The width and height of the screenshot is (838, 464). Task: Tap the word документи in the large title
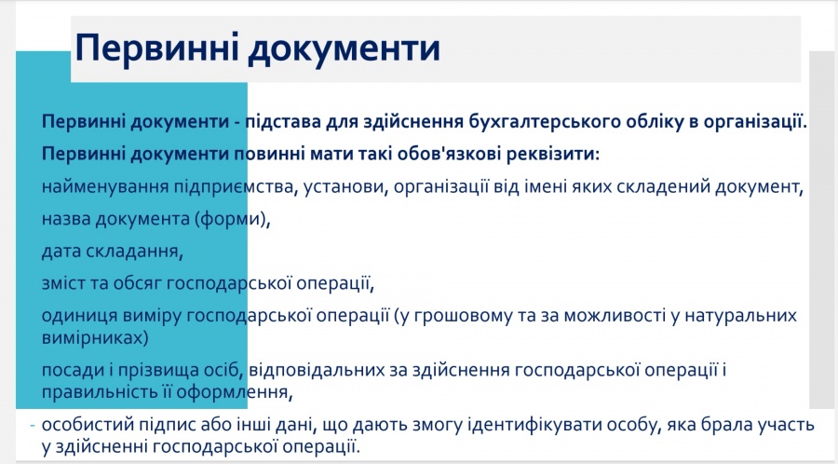coord(344,49)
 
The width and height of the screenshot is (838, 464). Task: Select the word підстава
coord(283,122)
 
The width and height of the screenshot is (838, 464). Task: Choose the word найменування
coord(105,186)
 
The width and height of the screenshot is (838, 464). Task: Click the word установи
coord(345,187)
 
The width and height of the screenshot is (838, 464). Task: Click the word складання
coord(135,251)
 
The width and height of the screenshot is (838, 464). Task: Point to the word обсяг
coord(138,283)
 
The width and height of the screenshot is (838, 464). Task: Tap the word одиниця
coord(79,316)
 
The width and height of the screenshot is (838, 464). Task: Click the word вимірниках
coord(95,338)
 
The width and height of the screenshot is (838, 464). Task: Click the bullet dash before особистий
coord(33,425)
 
